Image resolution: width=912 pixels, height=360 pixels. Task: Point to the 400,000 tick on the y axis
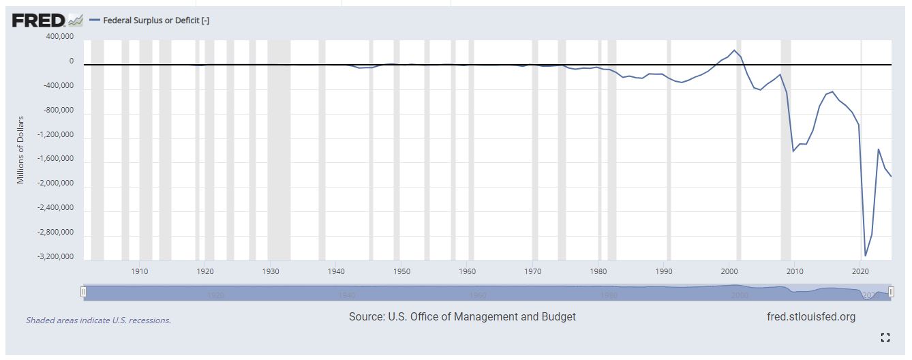coord(59,36)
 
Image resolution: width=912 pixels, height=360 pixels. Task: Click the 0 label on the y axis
coord(71,61)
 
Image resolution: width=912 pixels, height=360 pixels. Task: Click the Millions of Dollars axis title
coord(20,149)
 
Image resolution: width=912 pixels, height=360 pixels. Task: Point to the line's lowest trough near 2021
coord(866,256)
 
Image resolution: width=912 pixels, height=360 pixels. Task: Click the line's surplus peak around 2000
coord(734,50)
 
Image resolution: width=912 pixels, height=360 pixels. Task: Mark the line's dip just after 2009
coord(793,151)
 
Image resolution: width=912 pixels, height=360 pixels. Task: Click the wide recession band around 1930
coord(279,150)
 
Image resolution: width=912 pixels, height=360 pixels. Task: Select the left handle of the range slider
coord(83,292)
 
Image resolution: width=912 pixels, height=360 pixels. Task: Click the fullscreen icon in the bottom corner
coord(885,337)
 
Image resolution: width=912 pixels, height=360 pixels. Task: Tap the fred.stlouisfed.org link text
coord(810,317)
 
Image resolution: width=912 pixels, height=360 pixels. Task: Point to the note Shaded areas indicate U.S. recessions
coord(98,320)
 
